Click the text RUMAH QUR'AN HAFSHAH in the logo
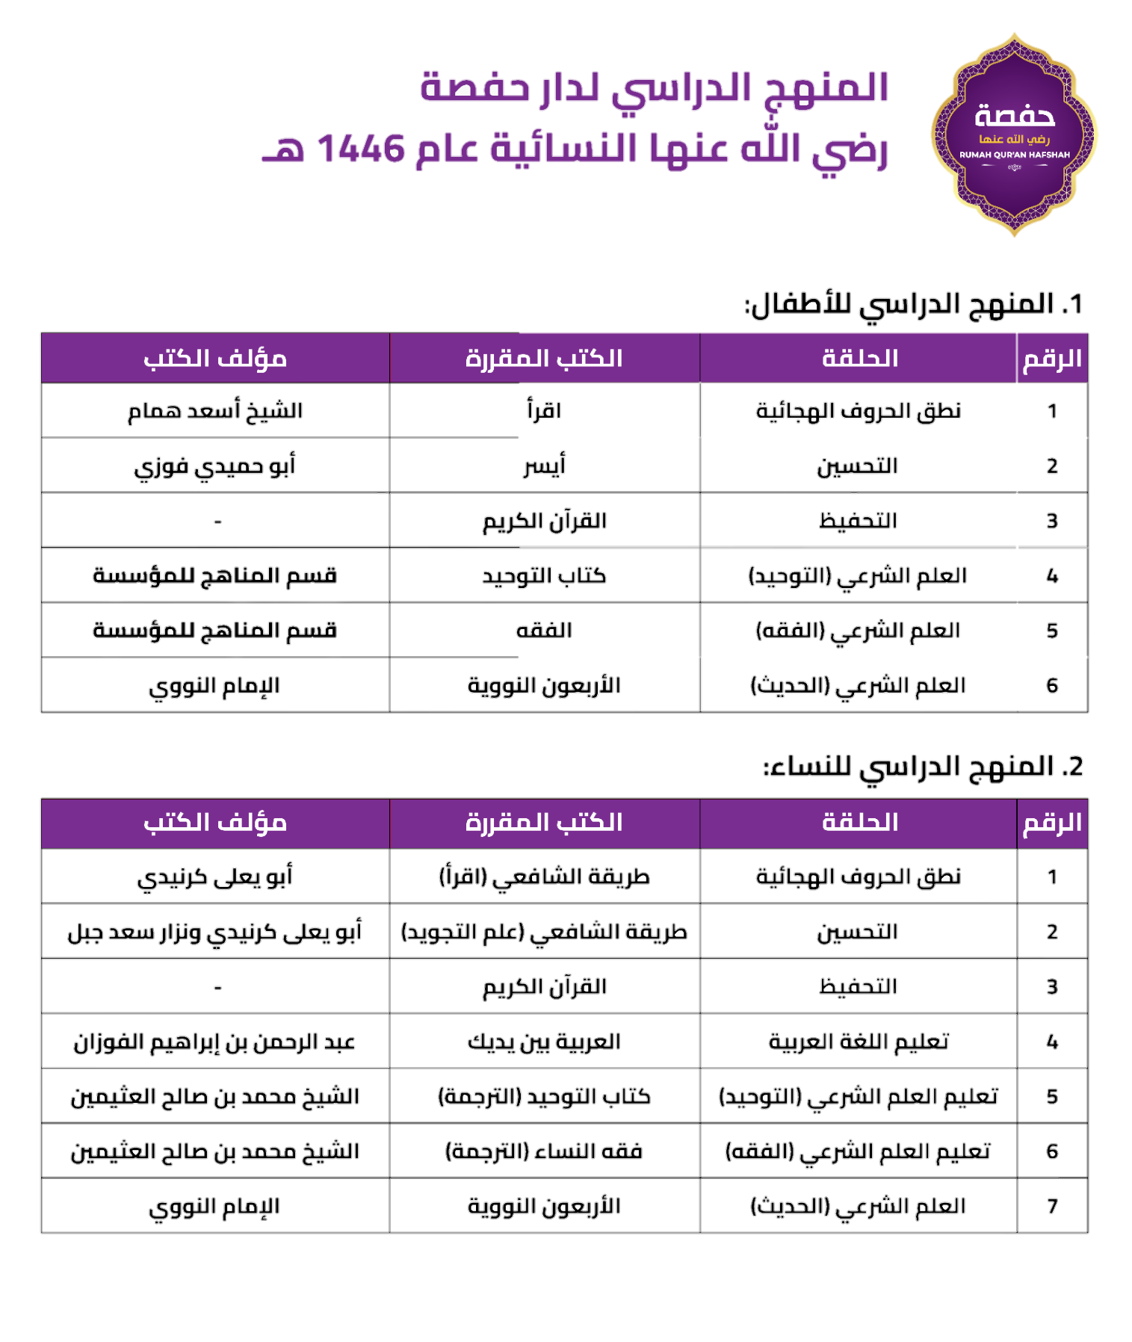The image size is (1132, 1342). tap(1014, 155)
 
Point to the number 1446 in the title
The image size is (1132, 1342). tap(361, 149)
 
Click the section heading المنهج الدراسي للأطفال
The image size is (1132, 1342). tap(913, 304)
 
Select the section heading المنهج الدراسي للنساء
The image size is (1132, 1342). tap(923, 767)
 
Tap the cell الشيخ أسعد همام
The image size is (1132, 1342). tap(215, 410)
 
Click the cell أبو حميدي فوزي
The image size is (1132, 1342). tap(215, 466)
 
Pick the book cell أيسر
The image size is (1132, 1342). tap(544, 466)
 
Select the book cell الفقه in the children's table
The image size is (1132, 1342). tap(543, 630)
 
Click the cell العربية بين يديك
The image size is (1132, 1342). tap(544, 1042)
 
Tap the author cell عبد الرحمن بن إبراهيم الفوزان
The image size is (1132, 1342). tap(215, 1042)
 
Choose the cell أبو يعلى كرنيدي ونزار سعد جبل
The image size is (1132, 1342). tap(215, 932)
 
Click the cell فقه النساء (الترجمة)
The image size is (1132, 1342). tap(544, 1151)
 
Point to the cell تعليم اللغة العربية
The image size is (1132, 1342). tap(859, 1042)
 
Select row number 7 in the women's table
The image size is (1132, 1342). tap(1052, 1206)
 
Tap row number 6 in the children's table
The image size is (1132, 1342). tap(1052, 685)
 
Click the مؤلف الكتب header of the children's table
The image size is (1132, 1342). tap(215, 359)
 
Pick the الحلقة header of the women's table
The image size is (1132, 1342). tap(859, 823)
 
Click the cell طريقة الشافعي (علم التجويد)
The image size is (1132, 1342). tap(544, 932)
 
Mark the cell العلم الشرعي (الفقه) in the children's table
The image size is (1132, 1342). tap(858, 630)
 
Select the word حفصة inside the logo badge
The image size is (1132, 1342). tap(1014, 117)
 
